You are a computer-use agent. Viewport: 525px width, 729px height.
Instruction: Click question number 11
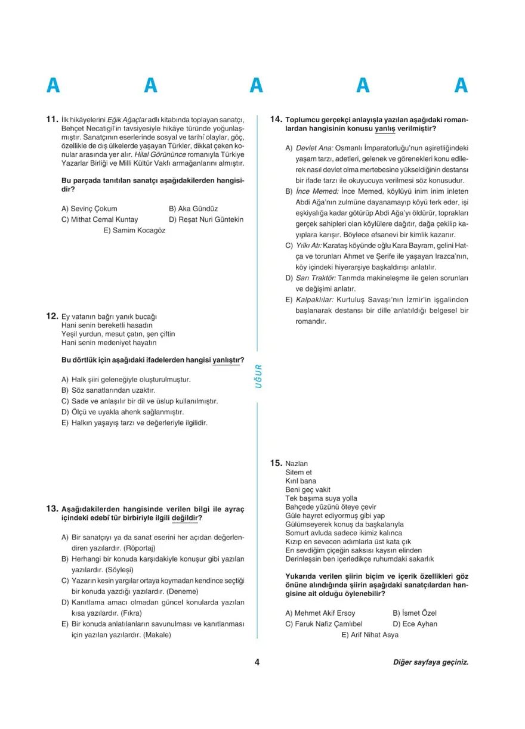point(52,120)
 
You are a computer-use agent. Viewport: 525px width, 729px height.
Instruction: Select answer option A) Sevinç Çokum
point(89,209)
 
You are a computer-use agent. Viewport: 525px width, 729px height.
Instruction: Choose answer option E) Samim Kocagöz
point(134,230)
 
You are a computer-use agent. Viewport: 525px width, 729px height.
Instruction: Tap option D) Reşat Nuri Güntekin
point(206,219)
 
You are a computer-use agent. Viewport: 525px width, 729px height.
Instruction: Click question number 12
point(52,316)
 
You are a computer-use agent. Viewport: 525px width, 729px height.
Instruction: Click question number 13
point(52,509)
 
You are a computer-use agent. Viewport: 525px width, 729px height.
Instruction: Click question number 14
point(276,120)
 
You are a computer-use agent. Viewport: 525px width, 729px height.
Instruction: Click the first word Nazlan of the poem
point(297,463)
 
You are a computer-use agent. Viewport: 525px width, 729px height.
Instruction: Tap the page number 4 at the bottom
point(257,662)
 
